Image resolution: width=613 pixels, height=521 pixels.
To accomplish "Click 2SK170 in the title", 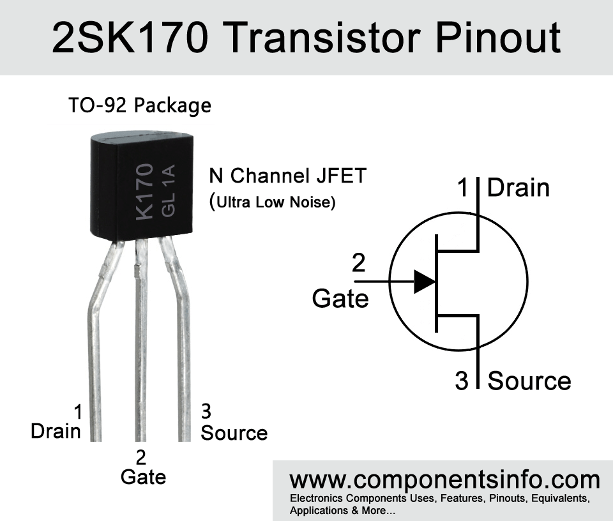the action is click(130, 38).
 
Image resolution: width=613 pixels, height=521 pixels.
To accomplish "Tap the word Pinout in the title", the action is click(498, 38).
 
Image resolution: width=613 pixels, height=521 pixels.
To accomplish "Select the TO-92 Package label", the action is click(140, 105).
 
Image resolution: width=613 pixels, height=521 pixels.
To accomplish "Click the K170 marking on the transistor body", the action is click(144, 192).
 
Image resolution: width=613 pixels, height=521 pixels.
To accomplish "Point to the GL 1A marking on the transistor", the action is click(169, 190).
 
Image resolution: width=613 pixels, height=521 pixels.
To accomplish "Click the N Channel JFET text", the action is click(288, 176).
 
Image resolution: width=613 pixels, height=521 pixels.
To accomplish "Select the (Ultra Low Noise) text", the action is click(273, 202).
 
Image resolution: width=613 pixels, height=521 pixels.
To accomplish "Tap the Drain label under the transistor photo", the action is click(56, 432).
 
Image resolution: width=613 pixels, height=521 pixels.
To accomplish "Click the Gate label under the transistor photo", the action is click(143, 477).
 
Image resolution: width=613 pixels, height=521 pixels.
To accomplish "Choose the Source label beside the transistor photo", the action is click(234, 433).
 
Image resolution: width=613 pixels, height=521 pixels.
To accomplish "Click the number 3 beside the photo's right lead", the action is click(206, 411).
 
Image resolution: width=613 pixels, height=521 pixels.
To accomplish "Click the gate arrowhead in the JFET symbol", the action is click(425, 282).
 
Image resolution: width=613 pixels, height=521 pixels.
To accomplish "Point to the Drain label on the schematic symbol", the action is click(518, 188).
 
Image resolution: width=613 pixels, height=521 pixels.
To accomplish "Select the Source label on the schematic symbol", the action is click(529, 381).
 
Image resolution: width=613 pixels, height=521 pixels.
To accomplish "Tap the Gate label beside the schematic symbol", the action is click(340, 299).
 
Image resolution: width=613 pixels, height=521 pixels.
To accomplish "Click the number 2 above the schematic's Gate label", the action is click(358, 262).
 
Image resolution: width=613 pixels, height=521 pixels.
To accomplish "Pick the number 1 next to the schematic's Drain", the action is click(463, 188).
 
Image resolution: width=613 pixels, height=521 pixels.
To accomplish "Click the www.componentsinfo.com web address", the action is click(445, 480).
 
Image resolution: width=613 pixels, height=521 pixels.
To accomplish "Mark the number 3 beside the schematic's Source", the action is click(462, 381).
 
